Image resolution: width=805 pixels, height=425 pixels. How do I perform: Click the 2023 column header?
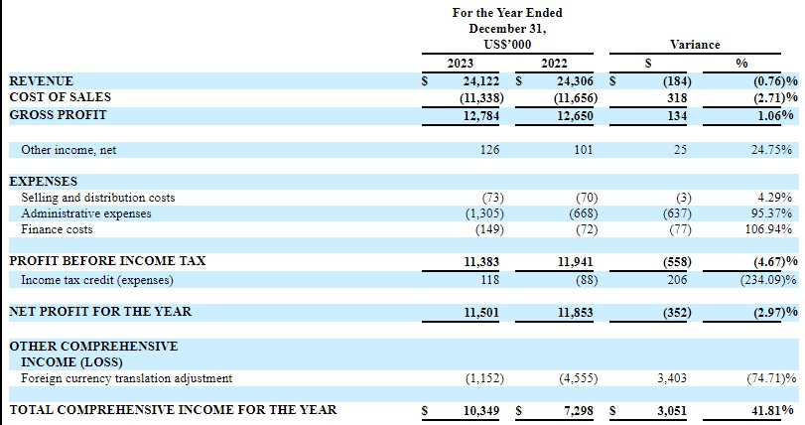(461, 63)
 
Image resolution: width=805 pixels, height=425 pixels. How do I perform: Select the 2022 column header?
(553, 63)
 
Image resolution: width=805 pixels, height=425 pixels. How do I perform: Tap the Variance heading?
(695, 45)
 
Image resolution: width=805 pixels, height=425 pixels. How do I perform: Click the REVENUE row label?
(41, 80)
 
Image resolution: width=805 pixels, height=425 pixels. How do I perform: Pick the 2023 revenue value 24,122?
(482, 80)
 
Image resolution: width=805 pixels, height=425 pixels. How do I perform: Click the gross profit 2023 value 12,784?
(482, 114)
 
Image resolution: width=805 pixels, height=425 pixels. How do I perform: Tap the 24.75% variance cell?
(771, 150)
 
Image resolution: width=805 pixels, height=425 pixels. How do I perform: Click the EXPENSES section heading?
(43, 182)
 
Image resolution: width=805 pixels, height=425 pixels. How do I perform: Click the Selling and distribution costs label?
(98, 198)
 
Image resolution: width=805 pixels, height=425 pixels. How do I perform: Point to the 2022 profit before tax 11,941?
(573, 260)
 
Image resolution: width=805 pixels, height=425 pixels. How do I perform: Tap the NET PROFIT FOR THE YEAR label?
(100, 312)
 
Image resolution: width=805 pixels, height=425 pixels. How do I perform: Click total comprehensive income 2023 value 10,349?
(482, 409)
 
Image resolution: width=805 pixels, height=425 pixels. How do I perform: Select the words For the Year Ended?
(506, 13)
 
